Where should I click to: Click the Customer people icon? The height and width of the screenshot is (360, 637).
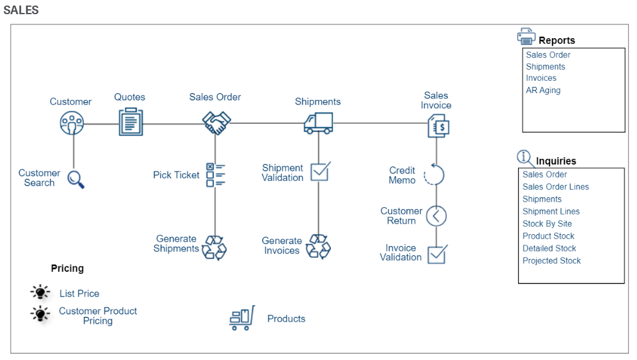click(72, 123)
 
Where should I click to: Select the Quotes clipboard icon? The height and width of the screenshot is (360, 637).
click(130, 122)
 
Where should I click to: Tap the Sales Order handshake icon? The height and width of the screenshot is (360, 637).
click(216, 123)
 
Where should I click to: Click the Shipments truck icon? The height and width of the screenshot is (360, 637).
click(318, 123)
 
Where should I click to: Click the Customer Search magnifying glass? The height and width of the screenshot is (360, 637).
click(76, 179)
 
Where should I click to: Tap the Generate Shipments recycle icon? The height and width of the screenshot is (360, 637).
click(215, 247)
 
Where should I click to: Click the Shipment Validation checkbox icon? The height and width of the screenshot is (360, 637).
click(320, 171)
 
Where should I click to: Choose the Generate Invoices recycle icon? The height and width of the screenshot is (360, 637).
click(318, 246)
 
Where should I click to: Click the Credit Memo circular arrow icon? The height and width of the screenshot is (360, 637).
click(435, 175)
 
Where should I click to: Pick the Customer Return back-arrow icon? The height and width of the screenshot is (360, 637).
click(436, 216)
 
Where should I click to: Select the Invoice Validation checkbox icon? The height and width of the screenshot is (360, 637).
click(437, 253)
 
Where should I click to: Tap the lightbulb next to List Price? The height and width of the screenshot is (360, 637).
click(41, 293)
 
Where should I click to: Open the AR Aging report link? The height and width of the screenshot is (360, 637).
click(543, 90)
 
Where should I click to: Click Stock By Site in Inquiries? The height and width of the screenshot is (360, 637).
click(546, 224)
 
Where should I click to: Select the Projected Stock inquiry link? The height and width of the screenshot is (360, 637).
click(551, 261)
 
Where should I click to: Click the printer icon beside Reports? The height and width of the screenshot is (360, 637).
click(526, 37)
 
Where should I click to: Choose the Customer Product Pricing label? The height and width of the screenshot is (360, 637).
click(98, 316)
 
